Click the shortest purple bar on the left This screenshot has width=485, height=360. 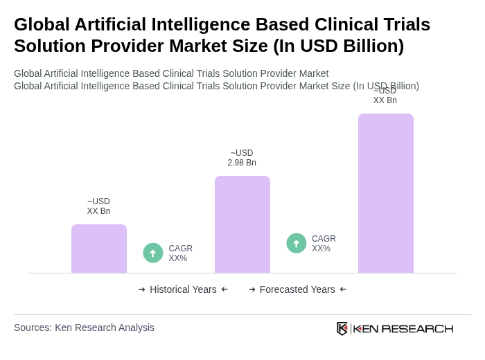pyautogui.click(x=99, y=249)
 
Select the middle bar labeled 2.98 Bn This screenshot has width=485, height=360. pyautogui.click(x=242, y=224)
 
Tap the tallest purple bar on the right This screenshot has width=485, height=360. pyautogui.click(x=385, y=193)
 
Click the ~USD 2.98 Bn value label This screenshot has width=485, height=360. pyautogui.click(x=242, y=158)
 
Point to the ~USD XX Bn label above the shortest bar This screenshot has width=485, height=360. pyautogui.click(x=98, y=206)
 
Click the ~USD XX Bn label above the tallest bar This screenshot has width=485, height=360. pyautogui.click(x=385, y=96)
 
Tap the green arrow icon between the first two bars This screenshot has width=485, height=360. pyautogui.click(x=153, y=253)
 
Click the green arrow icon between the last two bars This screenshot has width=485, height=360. pyautogui.click(x=297, y=243)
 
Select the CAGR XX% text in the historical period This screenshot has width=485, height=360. pyautogui.click(x=180, y=253)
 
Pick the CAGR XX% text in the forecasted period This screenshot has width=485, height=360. pyautogui.click(x=324, y=244)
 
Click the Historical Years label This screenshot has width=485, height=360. pyautogui.click(x=183, y=289)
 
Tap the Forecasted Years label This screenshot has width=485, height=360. pyautogui.click(x=297, y=289)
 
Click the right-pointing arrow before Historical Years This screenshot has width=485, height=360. pyautogui.click(x=142, y=289)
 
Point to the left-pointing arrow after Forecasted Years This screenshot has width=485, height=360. pyautogui.click(x=343, y=289)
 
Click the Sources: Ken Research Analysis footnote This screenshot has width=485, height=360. pyautogui.click(x=84, y=327)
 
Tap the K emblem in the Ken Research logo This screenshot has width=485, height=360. pyautogui.click(x=342, y=328)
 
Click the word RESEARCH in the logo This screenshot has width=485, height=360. pyautogui.click(x=417, y=328)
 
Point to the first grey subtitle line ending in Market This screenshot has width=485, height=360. pyautogui.click(x=171, y=73)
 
